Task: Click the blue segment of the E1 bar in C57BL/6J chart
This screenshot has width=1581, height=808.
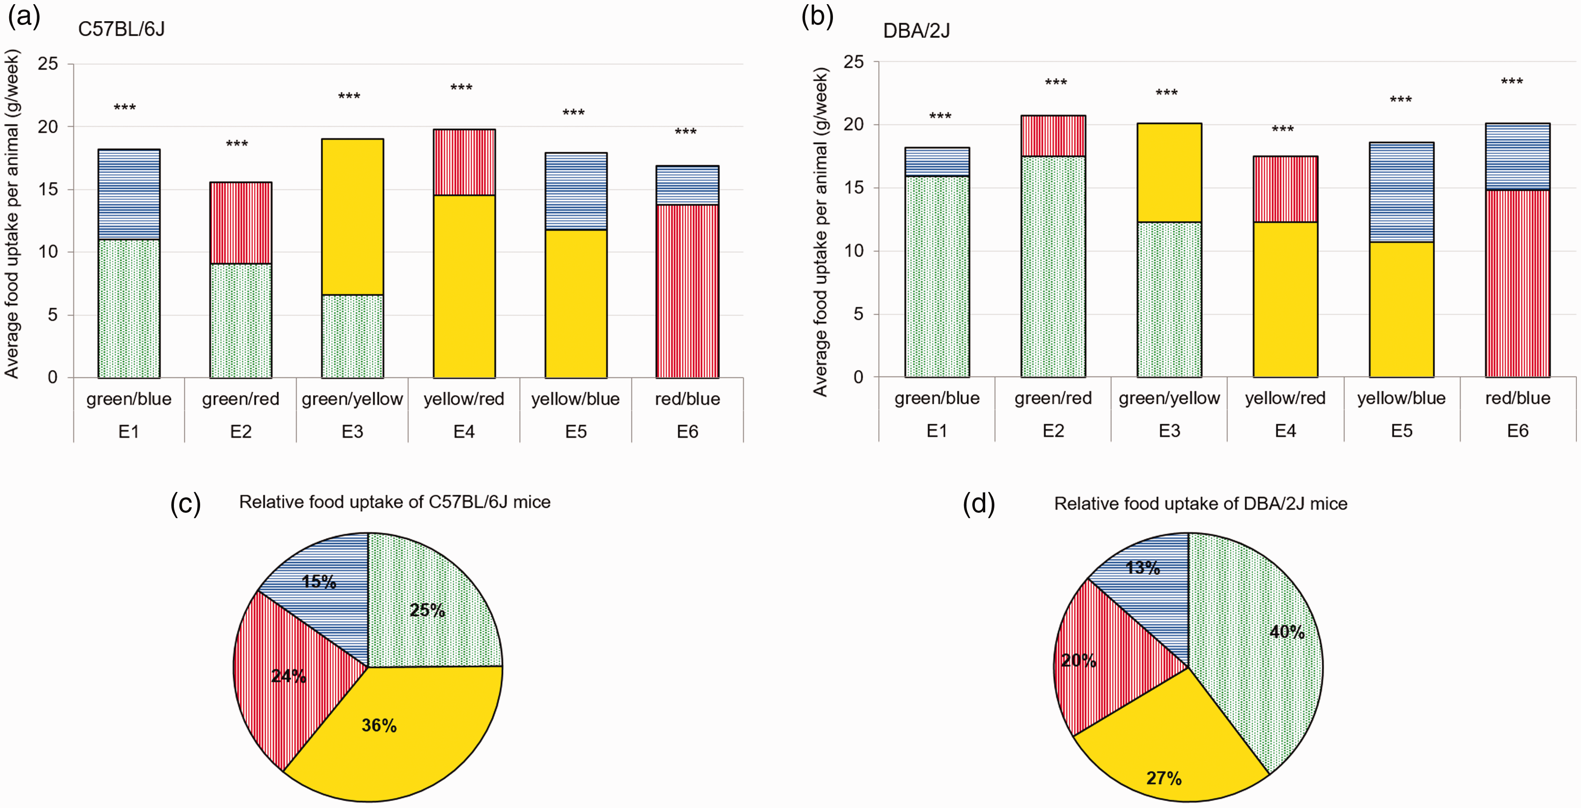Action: [129, 195]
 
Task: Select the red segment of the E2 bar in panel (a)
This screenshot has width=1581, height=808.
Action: [240, 223]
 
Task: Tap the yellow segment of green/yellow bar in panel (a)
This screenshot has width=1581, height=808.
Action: [352, 217]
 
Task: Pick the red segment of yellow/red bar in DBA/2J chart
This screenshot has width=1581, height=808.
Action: [1285, 189]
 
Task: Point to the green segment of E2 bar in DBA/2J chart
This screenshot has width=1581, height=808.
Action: [1053, 267]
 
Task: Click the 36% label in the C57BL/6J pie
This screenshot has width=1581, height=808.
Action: [379, 725]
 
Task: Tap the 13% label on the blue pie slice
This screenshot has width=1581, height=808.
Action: [1143, 568]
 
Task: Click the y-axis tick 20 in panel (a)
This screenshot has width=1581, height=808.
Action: [48, 127]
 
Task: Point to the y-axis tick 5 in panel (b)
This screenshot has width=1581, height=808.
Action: [858, 314]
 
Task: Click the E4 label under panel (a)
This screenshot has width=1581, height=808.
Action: [464, 432]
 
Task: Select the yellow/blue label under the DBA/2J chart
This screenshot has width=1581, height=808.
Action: [1401, 398]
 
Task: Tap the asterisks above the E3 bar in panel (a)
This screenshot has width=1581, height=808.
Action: [349, 96]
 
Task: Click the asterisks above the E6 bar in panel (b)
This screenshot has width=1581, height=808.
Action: [1512, 82]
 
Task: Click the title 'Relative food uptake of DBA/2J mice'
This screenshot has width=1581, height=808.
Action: [1200, 504]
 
